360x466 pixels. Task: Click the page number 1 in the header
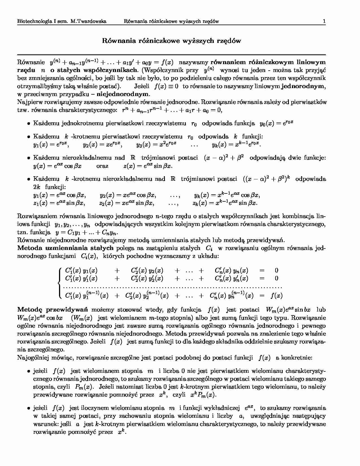324,21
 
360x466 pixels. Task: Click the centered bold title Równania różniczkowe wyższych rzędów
171,41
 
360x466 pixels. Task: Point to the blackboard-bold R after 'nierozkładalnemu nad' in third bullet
132,158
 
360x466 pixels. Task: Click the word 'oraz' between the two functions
102,166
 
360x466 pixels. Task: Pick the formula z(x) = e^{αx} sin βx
148,166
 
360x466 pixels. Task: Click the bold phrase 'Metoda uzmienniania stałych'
66,248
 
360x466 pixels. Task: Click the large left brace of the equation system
59,282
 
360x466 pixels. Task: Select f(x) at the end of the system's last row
276,296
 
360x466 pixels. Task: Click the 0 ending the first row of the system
276,270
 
